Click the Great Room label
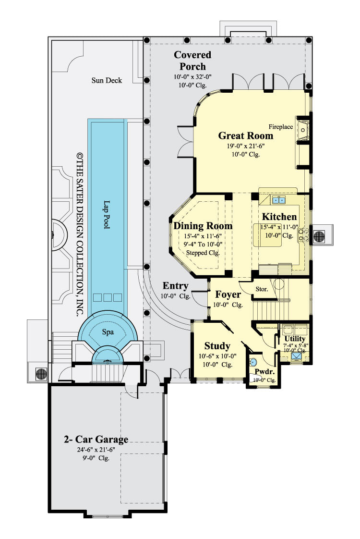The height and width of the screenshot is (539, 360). tap(245, 135)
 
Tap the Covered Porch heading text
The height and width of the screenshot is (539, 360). tap(192, 61)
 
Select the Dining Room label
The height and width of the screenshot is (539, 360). tap(203, 226)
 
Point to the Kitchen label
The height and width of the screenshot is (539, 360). tap(279, 217)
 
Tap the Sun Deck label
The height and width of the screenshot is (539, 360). tap(107, 80)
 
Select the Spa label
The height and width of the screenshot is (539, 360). tap(107, 332)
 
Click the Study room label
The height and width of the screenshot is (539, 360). tap(217, 346)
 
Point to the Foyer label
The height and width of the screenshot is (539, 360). tap(228, 294)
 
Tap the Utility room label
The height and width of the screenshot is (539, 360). tap(295, 339)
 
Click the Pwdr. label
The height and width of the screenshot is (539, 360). tap(264, 371)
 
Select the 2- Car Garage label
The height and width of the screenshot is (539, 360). tap(96, 439)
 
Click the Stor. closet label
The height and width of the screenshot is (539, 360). tap(262, 290)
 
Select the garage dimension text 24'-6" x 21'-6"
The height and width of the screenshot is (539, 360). tap(95, 450)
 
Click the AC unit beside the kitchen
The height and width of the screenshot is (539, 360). tap(319, 236)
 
